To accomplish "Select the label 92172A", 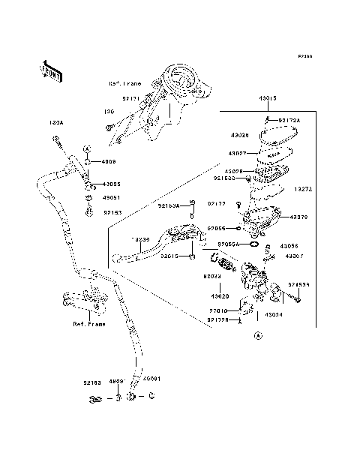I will point(289,121).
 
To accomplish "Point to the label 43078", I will point(298,217).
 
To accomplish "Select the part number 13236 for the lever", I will point(140,240).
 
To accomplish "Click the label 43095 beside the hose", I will point(112,184).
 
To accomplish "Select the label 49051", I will point(111,198).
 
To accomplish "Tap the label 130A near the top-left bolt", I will point(55,121).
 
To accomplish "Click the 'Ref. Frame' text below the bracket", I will point(88,324).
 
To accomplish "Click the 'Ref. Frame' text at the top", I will point(124,84).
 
